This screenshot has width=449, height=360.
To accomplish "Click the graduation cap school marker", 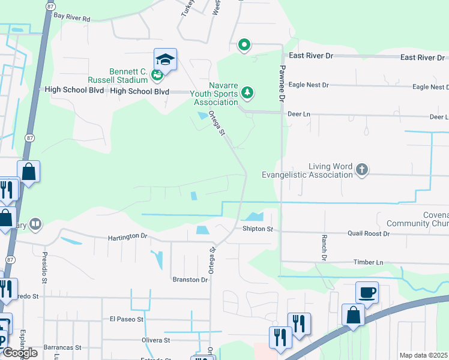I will click(x=165, y=59).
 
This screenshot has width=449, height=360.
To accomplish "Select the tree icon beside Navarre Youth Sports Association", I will click(x=247, y=93).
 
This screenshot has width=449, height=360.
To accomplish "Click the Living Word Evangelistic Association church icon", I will click(x=361, y=170).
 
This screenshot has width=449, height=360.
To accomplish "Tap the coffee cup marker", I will click(x=367, y=292).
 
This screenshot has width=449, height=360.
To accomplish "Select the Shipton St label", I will click(x=258, y=229).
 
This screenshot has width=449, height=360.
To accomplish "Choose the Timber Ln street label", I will click(x=369, y=262).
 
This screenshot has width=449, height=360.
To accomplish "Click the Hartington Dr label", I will click(x=127, y=237).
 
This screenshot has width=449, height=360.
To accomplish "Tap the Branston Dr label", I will click(x=190, y=280).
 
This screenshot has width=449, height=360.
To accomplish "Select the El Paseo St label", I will click(x=126, y=319).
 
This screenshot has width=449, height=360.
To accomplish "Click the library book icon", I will click(x=35, y=224).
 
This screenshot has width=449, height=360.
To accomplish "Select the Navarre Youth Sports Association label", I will click(x=215, y=94).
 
